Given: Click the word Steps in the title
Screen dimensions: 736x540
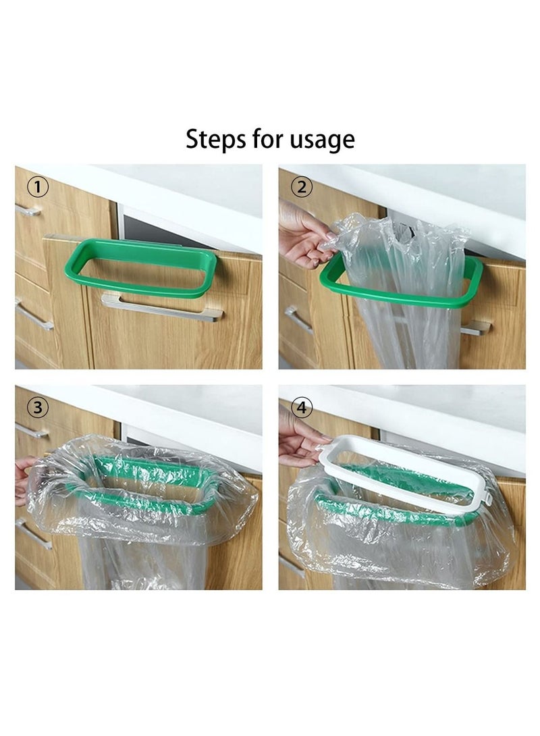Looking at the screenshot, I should click(x=215, y=140).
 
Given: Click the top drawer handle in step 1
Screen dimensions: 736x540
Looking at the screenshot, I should click(x=28, y=211).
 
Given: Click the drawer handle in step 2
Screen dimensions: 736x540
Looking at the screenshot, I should click(x=298, y=318).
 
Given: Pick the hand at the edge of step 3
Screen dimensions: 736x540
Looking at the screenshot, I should click(x=22, y=479).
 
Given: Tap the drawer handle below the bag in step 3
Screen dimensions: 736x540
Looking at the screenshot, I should click(x=34, y=533).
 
